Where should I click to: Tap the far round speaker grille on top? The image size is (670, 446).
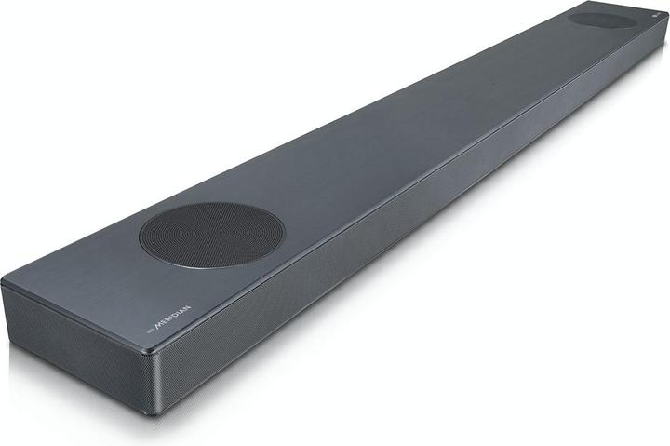click(x=603, y=20)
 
